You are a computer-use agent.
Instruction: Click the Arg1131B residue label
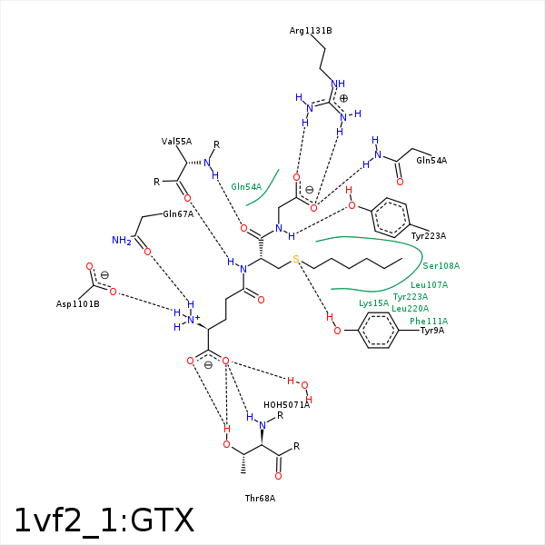(x=311, y=31)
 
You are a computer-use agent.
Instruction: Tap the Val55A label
(x=176, y=142)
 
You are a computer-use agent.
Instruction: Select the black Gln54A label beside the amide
(x=431, y=161)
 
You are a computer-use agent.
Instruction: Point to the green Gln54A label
(x=246, y=187)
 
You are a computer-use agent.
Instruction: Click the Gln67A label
(x=178, y=214)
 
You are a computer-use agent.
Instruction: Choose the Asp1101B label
(x=78, y=304)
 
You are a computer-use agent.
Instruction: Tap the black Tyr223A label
(x=429, y=236)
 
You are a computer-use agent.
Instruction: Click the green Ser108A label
(x=441, y=266)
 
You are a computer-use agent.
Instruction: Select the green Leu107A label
(x=430, y=285)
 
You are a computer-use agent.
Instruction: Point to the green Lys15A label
(x=373, y=303)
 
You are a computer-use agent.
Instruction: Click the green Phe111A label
(x=429, y=322)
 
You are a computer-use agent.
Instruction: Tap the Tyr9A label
(x=432, y=331)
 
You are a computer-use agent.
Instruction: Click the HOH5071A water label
(x=286, y=405)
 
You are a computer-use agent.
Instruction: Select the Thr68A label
(x=260, y=499)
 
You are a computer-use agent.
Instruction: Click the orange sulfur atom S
(x=296, y=259)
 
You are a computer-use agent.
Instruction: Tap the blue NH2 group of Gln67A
(x=122, y=240)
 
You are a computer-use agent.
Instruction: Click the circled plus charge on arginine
(x=343, y=98)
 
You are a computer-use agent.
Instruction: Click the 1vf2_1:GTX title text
(x=104, y=520)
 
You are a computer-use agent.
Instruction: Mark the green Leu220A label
(x=411, y=309)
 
